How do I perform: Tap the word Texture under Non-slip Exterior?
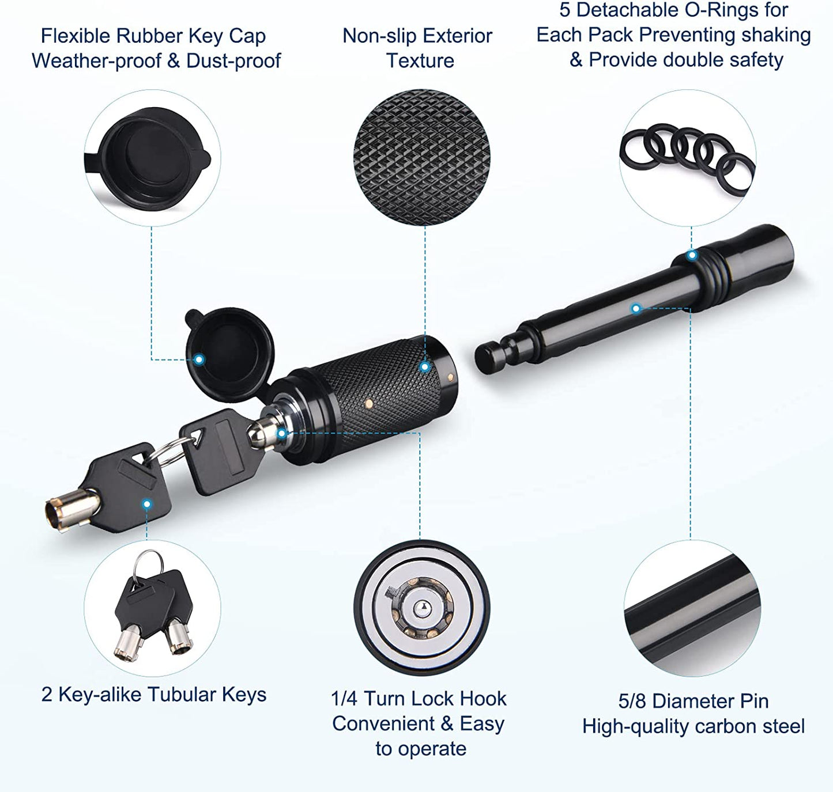point(420,60)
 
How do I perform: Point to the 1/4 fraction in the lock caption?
point(345,698)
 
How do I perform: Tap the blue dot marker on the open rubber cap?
point(199,359)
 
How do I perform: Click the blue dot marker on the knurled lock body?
point(425,367)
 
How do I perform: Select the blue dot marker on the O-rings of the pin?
point(692,255)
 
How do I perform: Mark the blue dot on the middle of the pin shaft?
point(636,308)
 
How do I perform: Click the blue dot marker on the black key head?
point(146,504)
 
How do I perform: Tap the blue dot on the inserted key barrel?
point(281,433)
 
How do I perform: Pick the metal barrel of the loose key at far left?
point(72,510)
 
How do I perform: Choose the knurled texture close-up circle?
point(422,157)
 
